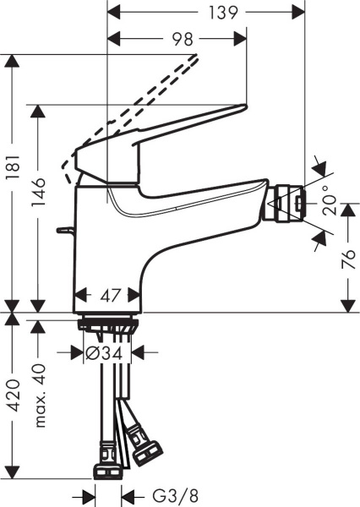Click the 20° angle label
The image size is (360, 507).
point(328,201)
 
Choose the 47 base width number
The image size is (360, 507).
point(107,295)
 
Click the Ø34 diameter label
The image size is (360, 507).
point(108,353)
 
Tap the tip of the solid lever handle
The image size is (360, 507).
point(243,108)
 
